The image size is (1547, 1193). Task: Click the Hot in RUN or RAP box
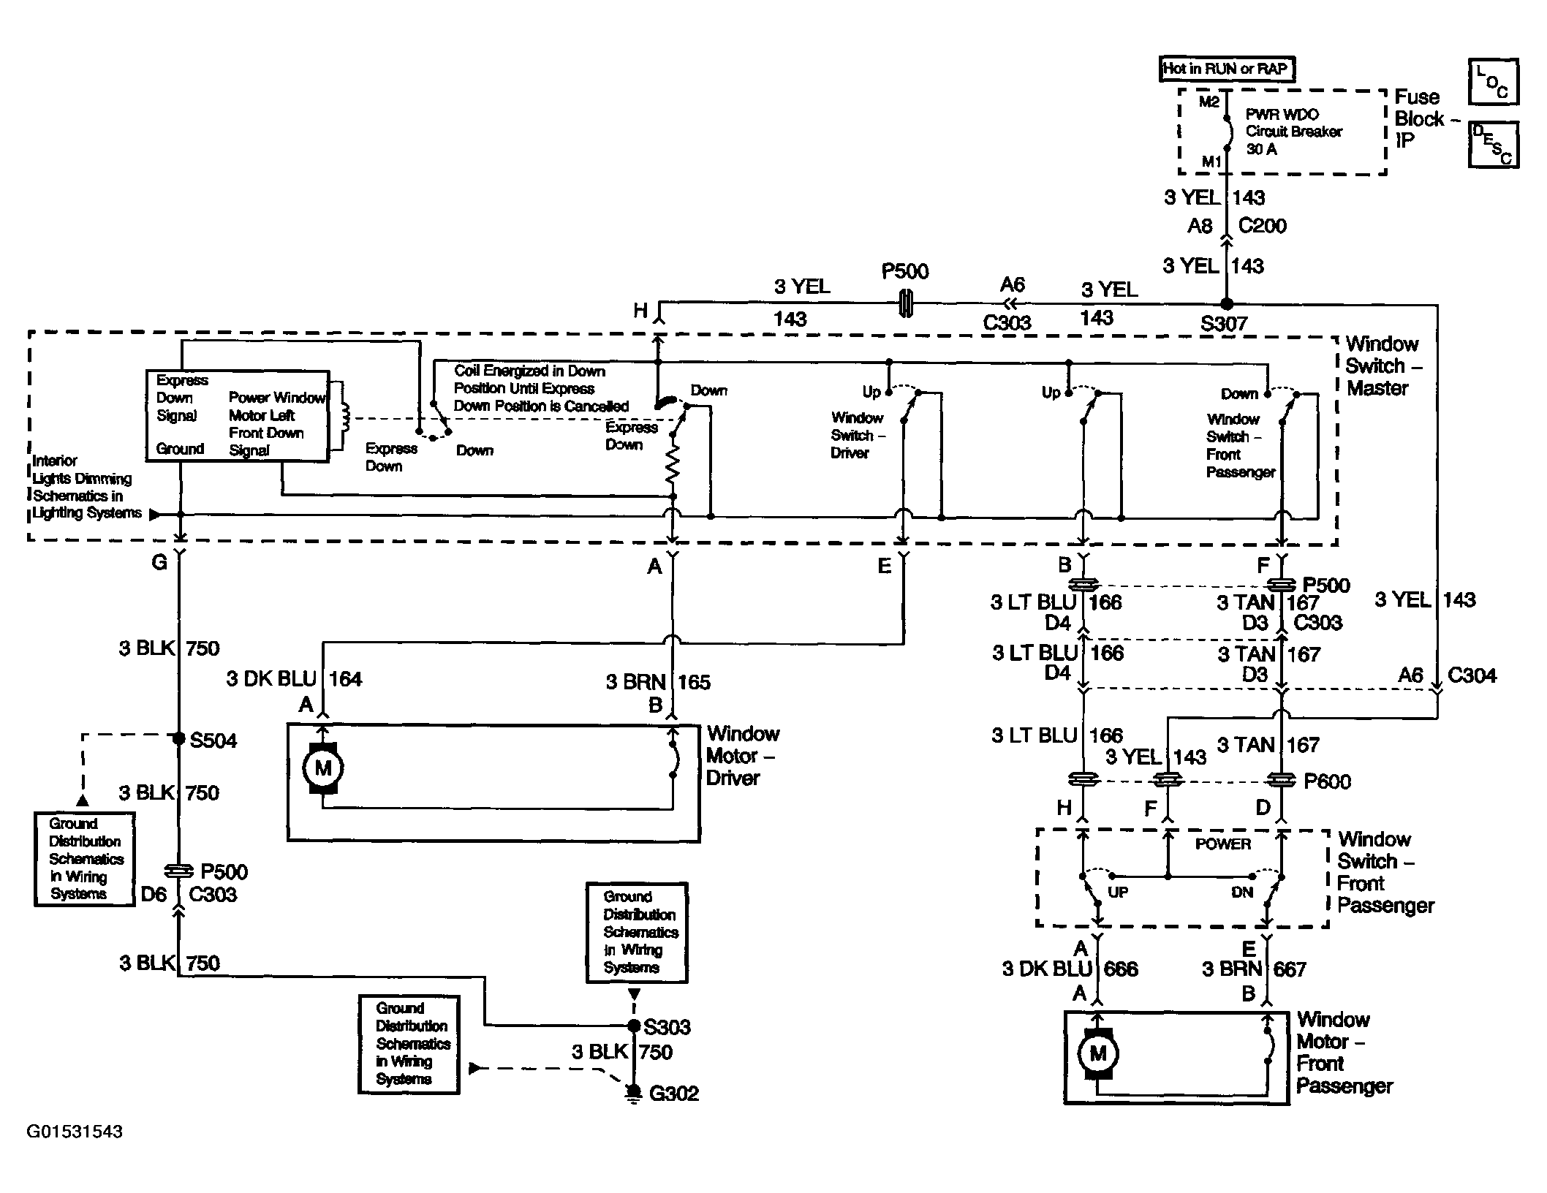(1226, 69)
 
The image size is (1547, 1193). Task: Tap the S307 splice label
(1224, 323)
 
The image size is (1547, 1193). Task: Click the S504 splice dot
(178, 739)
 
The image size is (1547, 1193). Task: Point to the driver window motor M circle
(322, 768)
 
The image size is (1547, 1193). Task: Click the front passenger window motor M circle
(1098, 1053)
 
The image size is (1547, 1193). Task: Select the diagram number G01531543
(75, 1132)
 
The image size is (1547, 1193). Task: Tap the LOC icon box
(1493, 82)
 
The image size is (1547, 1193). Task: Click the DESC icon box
(1493, 145)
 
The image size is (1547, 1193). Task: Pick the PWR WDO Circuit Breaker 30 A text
(1293, 132)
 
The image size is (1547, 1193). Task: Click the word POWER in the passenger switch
(1223, 844)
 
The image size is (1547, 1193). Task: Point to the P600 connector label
(1328, 781)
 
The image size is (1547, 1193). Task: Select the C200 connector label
(1263, 226)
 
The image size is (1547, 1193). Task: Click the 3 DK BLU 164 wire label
(294, 679)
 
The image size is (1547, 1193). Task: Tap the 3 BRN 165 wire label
(658, 682)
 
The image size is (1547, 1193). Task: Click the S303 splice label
(667, 1027)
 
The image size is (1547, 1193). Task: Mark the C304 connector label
(1472, 675)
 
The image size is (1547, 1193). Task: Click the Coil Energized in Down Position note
(541, 388)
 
